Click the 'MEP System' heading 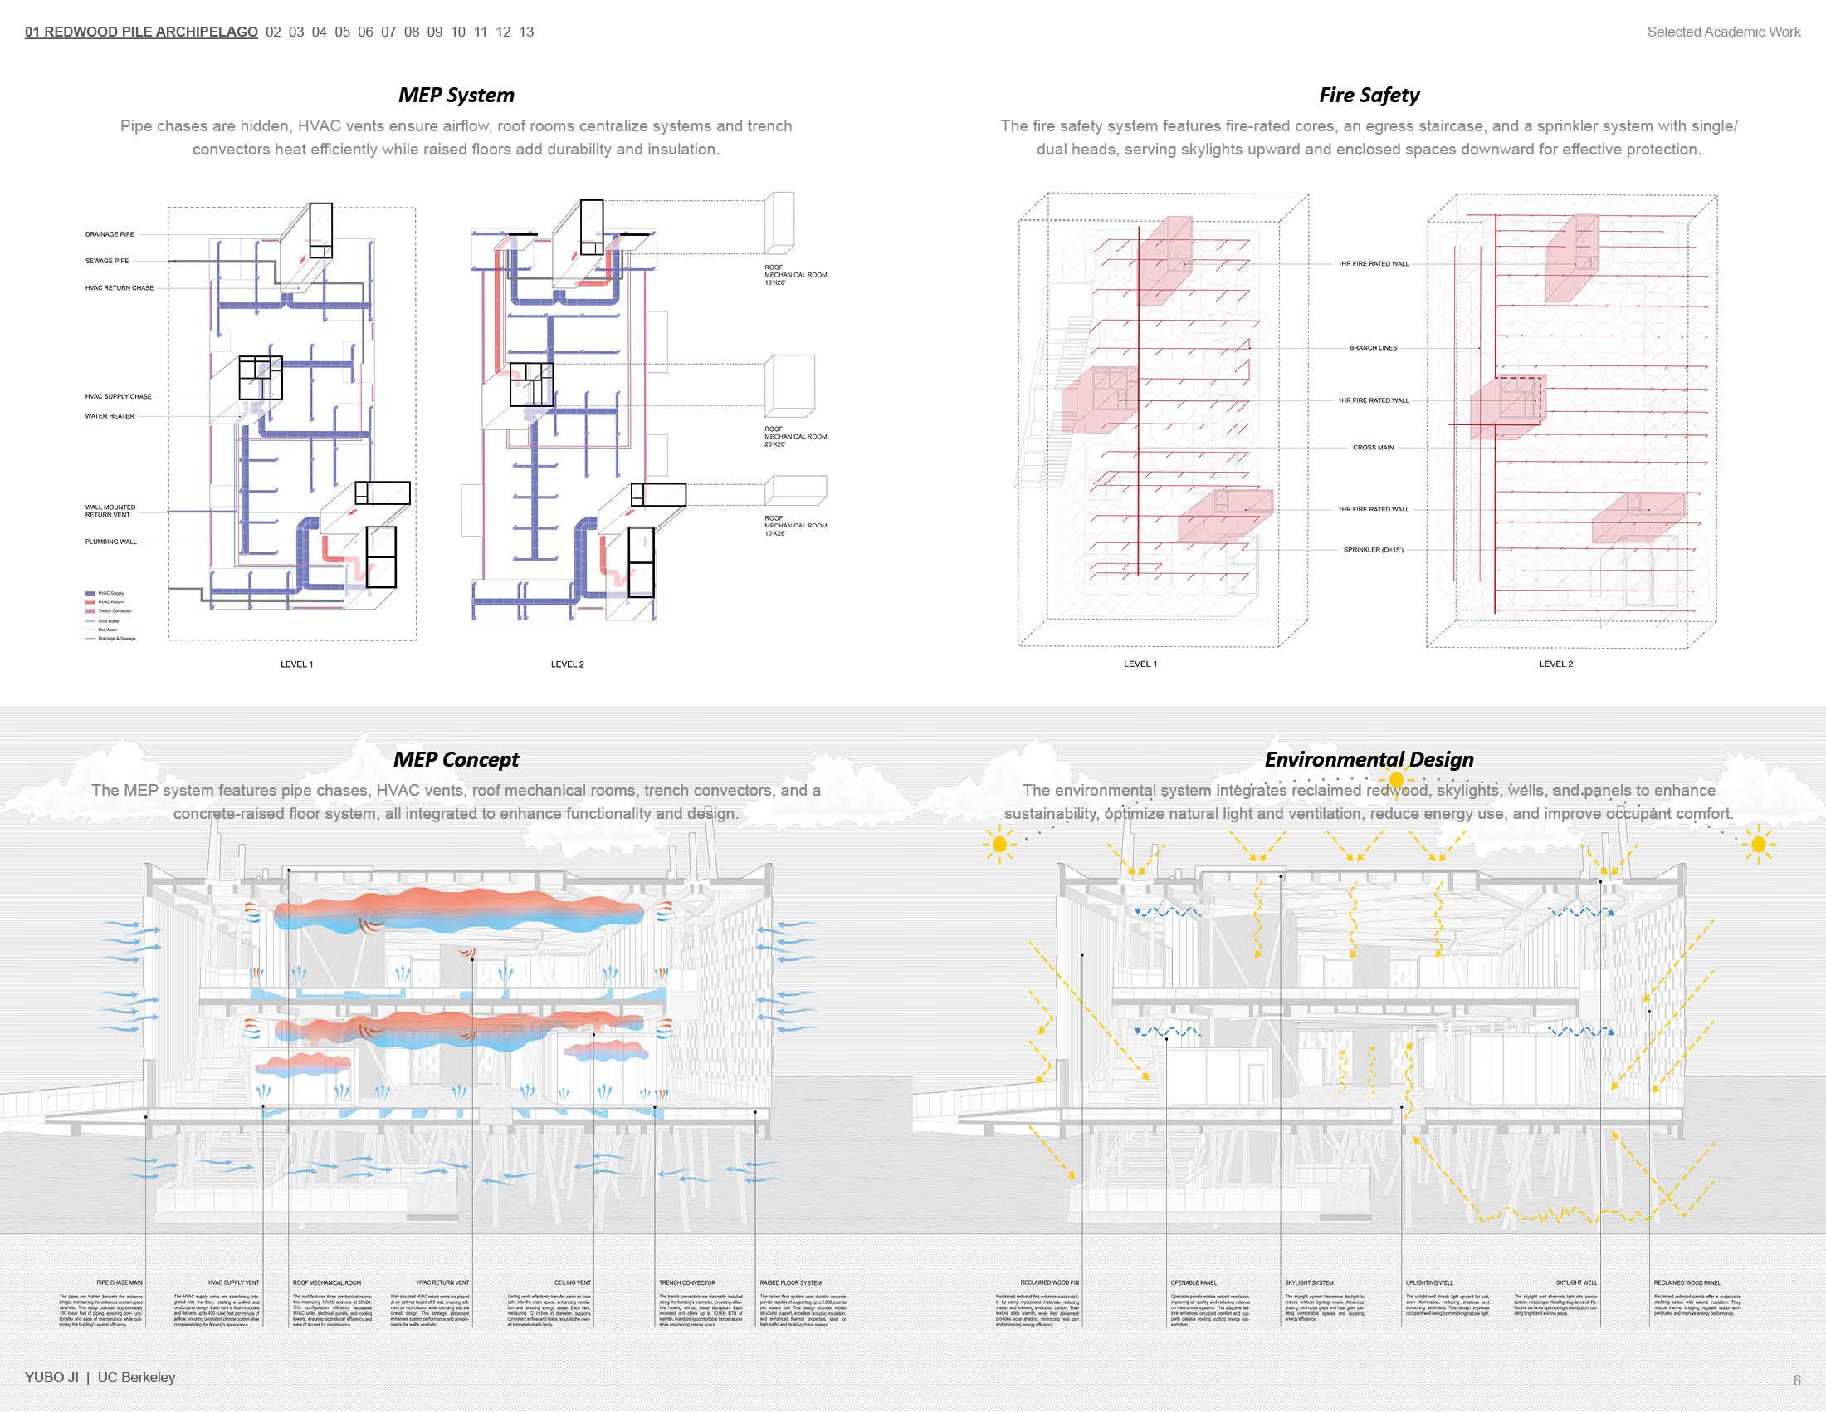456,95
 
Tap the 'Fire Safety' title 1369,95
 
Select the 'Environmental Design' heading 1369,758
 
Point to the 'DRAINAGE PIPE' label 110,234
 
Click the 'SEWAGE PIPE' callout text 107,261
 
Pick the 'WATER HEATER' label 110,416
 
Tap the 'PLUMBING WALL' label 110,542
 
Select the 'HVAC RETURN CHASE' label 120,287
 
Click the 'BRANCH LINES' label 1373,348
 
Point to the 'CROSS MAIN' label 1373,448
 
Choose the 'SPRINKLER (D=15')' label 1373,550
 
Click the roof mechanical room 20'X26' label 794,437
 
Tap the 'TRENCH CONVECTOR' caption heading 686,1282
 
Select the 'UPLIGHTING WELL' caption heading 1429,1282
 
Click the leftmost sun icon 999,845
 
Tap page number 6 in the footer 1796,1380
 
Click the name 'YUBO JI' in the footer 51,1377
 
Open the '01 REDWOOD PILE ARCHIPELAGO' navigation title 141,32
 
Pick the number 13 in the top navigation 526,32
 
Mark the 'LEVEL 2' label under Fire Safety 1555,664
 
